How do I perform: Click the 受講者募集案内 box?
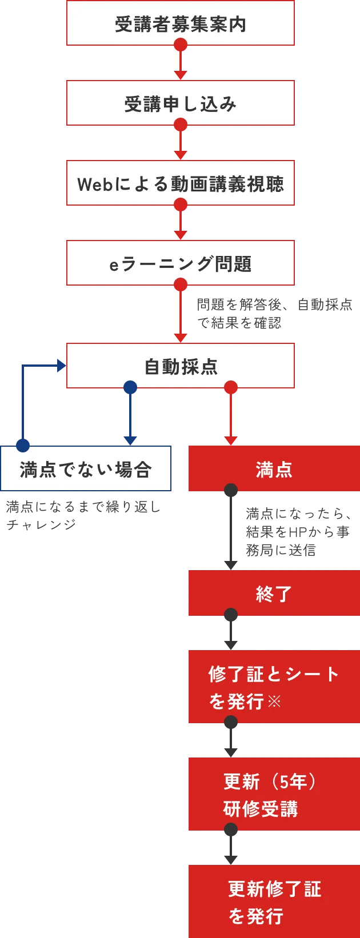pyautogui.click(x=181, y=23)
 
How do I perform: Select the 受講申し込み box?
pyautogui.click(x=181, y=103)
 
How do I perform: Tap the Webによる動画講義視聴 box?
pyautogui.click(x=181, y=183)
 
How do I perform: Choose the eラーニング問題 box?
pyautogui.click(x=181, y=263)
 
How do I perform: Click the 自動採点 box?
pyautogui.click(x=181, y=366)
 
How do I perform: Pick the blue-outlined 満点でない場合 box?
pyautogui.click(x=86, y=469)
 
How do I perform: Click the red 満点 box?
pyautogui.click(x=274, y=469)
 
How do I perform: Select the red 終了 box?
pyautogui.click(x=274, y=594)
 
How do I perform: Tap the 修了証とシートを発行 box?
pyautogui.click(x=274, y=687)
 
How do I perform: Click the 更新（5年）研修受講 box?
pyautogui.click(x=274, y=795)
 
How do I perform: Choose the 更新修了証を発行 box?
pyautogui.click(x=274, y=902)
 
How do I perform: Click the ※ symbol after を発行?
pyautogui.click(x=274, y=701)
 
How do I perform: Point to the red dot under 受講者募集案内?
pyautogui.click(x=181, y=45)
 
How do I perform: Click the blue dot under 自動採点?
pyautogui.click(x=130, y=388)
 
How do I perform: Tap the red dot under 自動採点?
pyautogui.click(x=231, y=388)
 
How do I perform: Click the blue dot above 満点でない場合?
pyautogui.click(x=23, y=445)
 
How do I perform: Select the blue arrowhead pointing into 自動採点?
pyautogui.click(x=61, y=366)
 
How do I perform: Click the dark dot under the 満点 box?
pyautogui.click(x=231, y=491)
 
